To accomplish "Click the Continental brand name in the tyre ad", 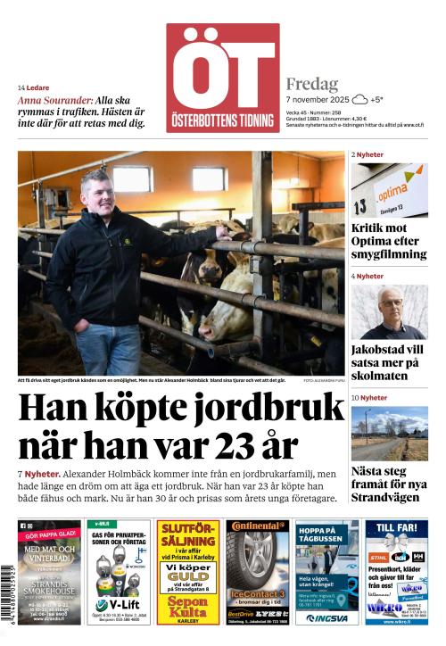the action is [x=260, y=526].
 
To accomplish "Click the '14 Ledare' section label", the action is [x=34, y=87].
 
